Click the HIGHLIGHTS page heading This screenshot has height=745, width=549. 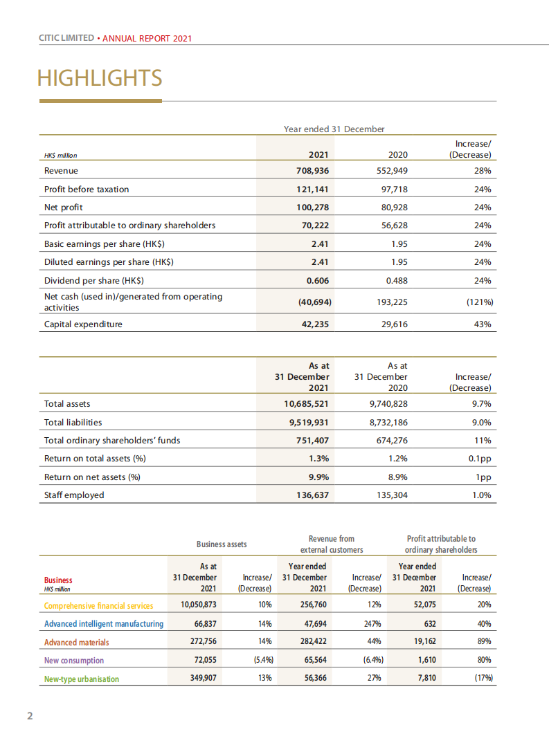point(100,78)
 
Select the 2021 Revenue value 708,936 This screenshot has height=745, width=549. point(312,171)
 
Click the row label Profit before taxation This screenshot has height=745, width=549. point(87,190)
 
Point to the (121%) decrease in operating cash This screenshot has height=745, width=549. point(477,302)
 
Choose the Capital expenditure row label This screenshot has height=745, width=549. point(83,324)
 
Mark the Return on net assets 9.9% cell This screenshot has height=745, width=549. point(318,477)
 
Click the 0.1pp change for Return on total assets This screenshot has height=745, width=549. point(479,459)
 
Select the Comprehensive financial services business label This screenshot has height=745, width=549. point(99,606)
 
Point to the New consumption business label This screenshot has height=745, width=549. point(74,661)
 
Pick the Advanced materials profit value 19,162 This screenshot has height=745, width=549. point(422,642)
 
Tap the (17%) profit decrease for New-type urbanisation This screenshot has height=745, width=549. point(483,679)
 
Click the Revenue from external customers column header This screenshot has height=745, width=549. point(331,544)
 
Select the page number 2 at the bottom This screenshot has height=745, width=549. point(29,716)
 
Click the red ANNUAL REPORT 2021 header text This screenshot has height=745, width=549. point(147,39)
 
